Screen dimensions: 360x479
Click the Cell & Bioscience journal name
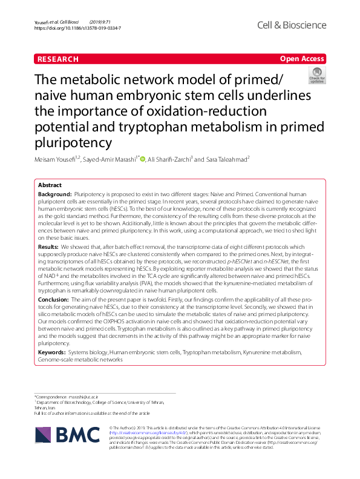pyautogui.click(x=292, y=25)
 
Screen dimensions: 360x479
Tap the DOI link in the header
pyautogui.click(x=78, y=28)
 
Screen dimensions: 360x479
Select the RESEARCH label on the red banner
pyautogui.click(x=58, y=59)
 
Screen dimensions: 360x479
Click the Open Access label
pyautogui.click(x=303, y=59)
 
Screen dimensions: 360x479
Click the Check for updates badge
pyautogui.click(x=316, y=76)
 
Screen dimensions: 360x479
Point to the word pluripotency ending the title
pyautogui.click(x=82, y=143)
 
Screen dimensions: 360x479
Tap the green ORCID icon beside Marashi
pyautogui.click(x=143, y=159)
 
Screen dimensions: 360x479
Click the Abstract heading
pyautogui.click(x=50, y=185)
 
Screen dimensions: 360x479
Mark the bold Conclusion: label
pyautogui.click(x=53, y=299)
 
